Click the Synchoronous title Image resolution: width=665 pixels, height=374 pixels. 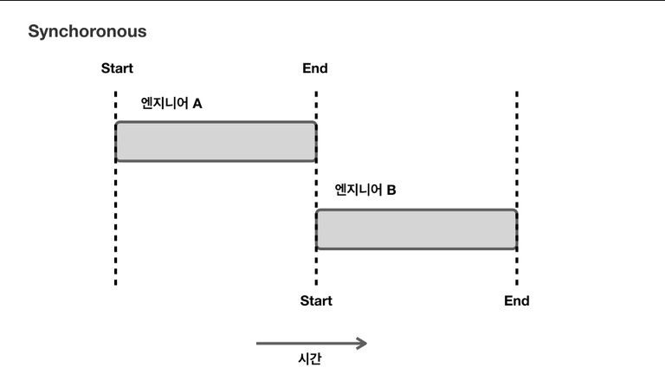pos(87,32)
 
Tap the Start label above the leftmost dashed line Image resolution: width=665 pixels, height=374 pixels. pos(117,68)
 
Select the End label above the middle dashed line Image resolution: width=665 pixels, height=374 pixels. pos(315,68)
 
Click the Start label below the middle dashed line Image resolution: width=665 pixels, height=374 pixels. pos(316,301)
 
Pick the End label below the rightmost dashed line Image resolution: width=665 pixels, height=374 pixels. pos(517,301)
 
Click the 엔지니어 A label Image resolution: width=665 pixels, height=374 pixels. pos(171,103)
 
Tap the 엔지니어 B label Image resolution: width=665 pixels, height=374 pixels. pos(365,190)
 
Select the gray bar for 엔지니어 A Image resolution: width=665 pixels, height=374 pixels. pos(216,141)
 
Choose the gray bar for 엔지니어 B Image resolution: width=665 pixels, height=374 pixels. pos(416,229)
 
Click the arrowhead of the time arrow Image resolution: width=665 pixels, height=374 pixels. pos(362,344)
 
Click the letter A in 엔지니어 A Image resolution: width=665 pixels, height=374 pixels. pos(197,103)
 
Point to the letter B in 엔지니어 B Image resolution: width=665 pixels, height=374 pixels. pos(391,190)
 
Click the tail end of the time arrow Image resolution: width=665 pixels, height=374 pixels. pos(258,344)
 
